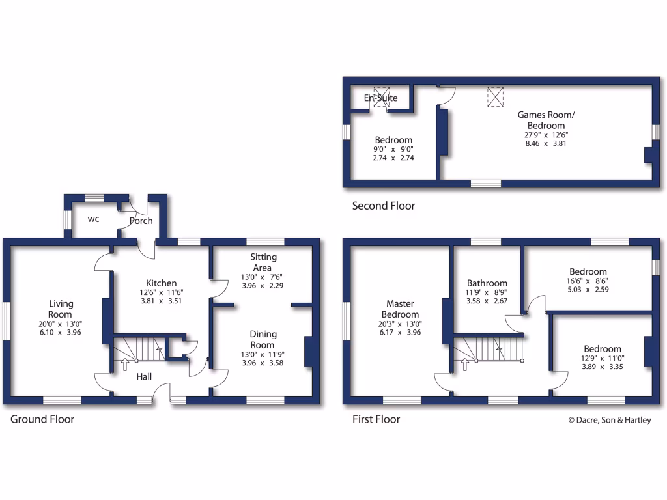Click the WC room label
(94, 219)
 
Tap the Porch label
(141, 221)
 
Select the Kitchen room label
(161, 283)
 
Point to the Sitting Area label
(262, 262)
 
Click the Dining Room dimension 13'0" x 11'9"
(263, 355)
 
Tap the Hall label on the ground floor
(145, 376)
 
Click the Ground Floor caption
(42, 419)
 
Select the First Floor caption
(376, 419)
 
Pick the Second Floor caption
(383, 206)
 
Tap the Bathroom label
(487, 283)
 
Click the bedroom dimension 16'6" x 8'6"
(588, 282)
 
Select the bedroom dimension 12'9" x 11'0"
(602, 359)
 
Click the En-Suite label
(380, 98)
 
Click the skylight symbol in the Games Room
(496, 97)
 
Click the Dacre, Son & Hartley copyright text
(610, 420)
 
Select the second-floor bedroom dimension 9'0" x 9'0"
(393, 149)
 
